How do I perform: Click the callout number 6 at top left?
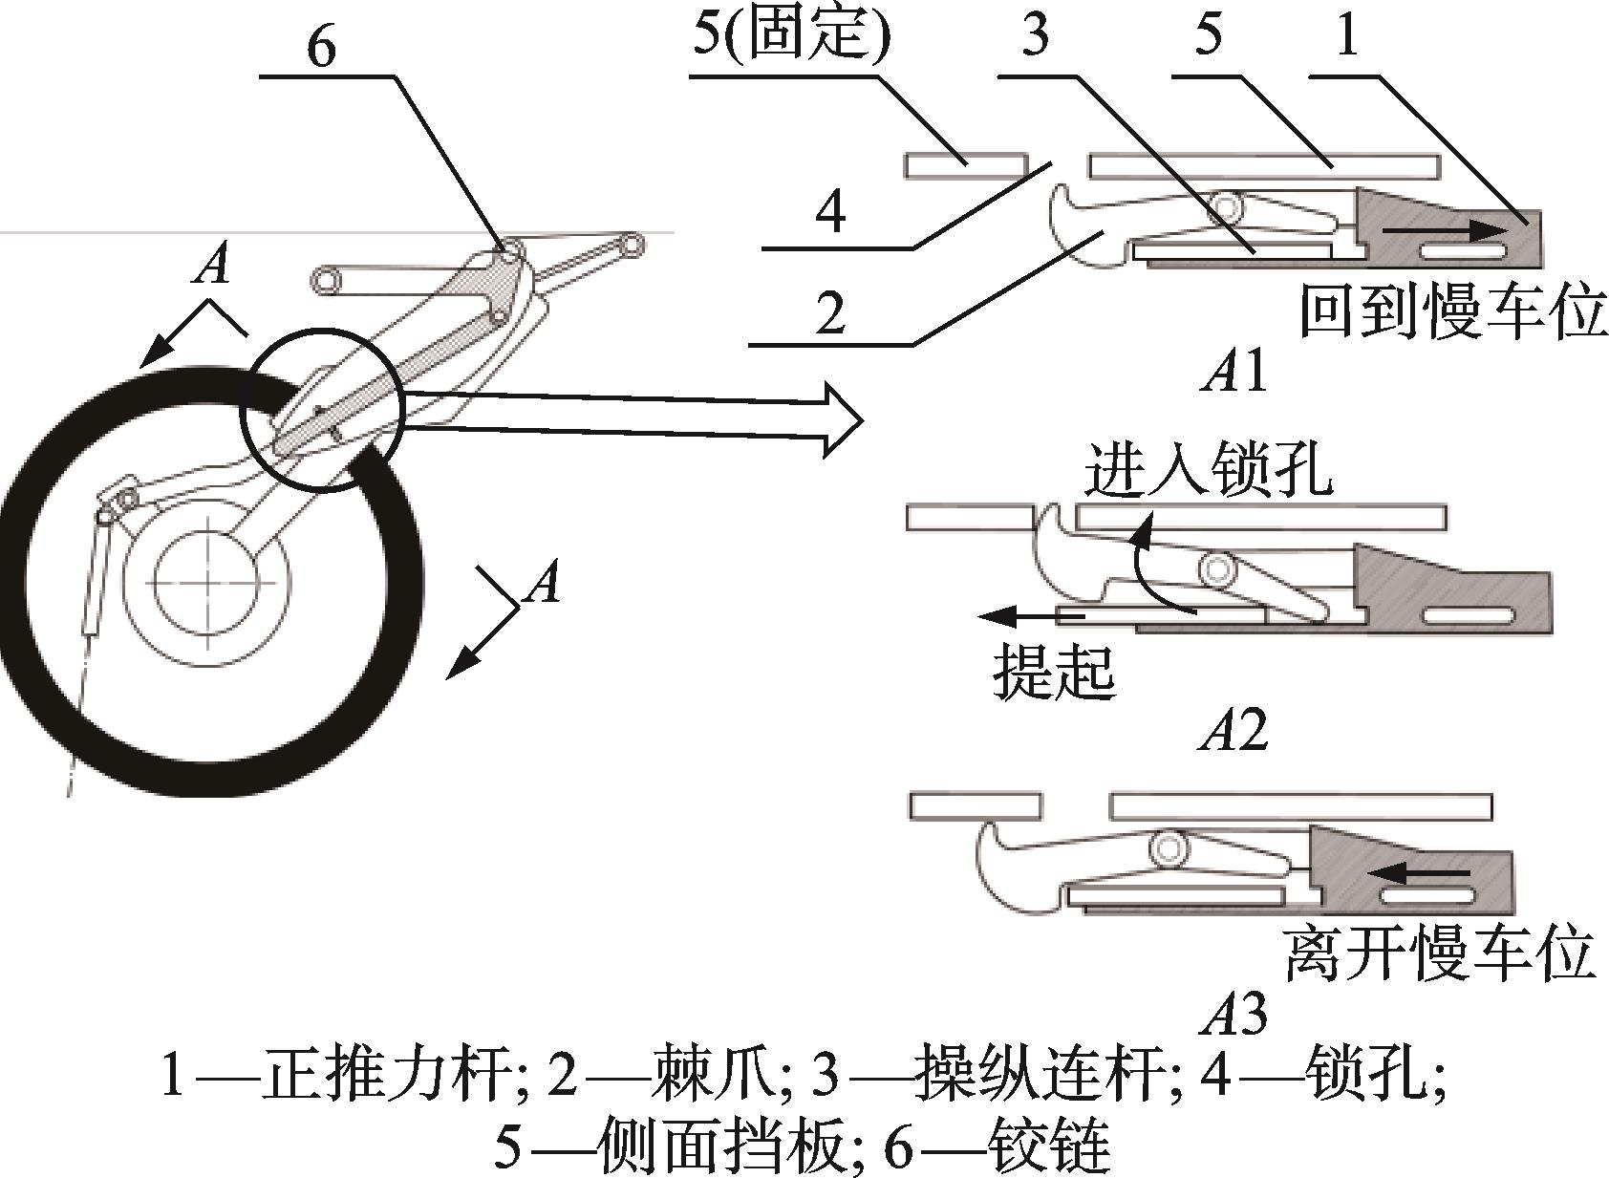322,46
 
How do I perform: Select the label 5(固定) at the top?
792,36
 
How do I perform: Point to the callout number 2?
829,312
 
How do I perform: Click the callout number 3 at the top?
1035,36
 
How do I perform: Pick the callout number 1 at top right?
1346,36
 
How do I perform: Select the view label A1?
1235,372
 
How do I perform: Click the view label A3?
1235,1015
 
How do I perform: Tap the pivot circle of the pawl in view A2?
1218,569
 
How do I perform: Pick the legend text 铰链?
1050,1146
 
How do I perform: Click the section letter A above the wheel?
211,265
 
